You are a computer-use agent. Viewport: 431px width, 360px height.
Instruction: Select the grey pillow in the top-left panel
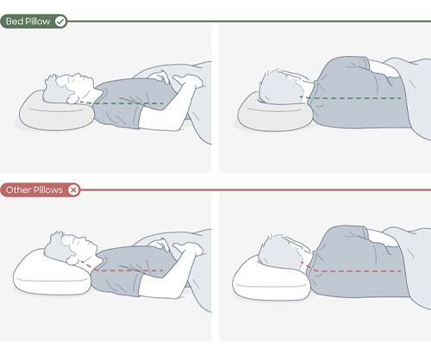tap(39, 117)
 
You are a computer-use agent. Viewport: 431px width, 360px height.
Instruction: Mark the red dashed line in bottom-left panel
tap(129, 270)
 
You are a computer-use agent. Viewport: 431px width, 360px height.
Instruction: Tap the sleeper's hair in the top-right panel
tap(274, 84)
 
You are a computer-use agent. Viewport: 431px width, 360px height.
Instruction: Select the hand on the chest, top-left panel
tap(185, 82)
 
